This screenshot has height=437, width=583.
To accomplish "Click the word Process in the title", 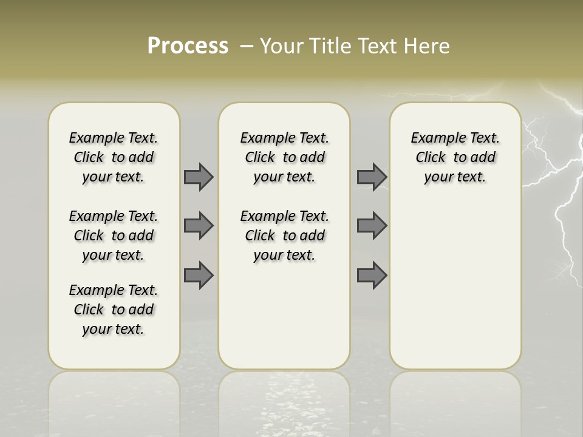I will [x=188, y=46].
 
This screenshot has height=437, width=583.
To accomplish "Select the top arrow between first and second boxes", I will [x=199, y=177].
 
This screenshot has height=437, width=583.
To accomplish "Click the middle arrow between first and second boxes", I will [x=199, y=226].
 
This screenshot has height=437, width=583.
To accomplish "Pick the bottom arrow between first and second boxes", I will [x=199, y=275].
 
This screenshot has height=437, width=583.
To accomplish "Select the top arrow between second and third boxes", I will [x=372, y=177].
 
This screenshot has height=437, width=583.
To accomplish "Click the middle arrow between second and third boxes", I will [x=372, y=226].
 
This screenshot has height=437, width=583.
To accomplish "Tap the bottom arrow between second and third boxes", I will [x=372, y=275].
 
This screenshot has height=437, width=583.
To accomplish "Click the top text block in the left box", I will [x=114, y=157].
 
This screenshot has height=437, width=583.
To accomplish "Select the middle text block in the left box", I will [x=114, y=235].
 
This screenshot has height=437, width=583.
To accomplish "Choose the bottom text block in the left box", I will [x=114, y=310].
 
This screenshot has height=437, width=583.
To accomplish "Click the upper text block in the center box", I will [x=284, y=157].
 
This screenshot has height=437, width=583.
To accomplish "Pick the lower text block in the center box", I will [x=284, y=235].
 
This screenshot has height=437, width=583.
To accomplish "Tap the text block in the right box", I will [x=455, y=157].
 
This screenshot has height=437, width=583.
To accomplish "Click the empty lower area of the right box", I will [x=455, y=291].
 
